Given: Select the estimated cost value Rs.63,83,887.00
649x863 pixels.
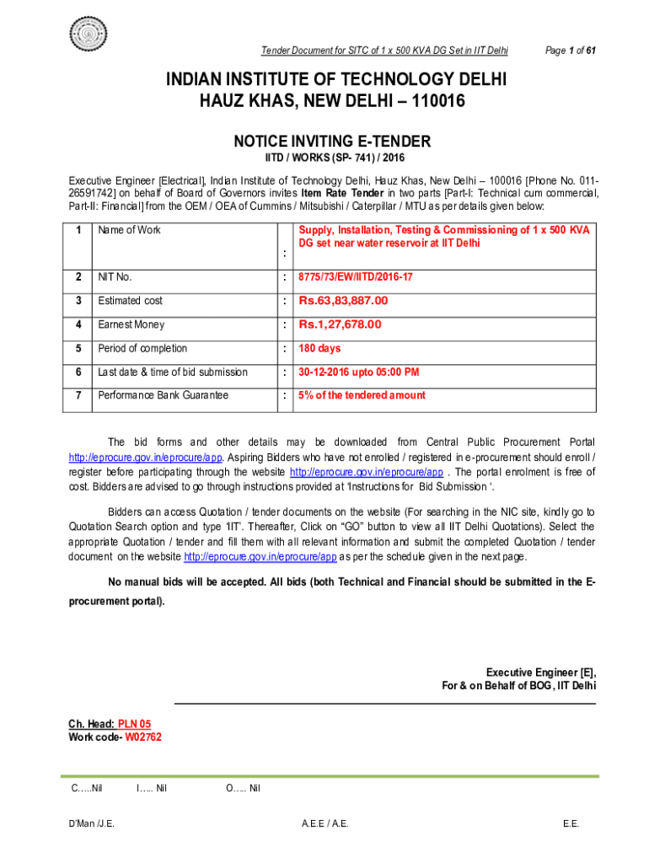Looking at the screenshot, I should pos(343,301).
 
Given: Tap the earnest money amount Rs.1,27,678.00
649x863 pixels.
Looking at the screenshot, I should pos(340,324).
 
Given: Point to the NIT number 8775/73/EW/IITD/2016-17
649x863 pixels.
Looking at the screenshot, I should pos(356,277).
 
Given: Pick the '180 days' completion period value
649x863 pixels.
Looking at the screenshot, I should pos(319,348).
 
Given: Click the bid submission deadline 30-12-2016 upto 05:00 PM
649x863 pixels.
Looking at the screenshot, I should pos(358,372).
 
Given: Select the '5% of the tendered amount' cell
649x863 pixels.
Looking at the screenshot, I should pos(362,395).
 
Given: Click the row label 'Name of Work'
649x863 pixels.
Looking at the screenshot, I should pos(129,230).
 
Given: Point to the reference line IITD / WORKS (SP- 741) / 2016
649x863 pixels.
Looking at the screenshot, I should pos(335,158).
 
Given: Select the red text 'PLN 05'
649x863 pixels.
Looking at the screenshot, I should pos(134,724).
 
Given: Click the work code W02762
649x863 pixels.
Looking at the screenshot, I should pos(143,737).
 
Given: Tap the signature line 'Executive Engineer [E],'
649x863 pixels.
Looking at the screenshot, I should pos(540,672).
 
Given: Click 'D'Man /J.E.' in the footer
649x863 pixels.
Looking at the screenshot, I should pos(92,823).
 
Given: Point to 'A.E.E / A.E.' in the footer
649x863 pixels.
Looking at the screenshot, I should pos(325,823).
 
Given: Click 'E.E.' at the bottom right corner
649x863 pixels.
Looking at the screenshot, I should pos(571,823).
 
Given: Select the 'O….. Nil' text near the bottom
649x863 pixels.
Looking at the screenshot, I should pos(243,788).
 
